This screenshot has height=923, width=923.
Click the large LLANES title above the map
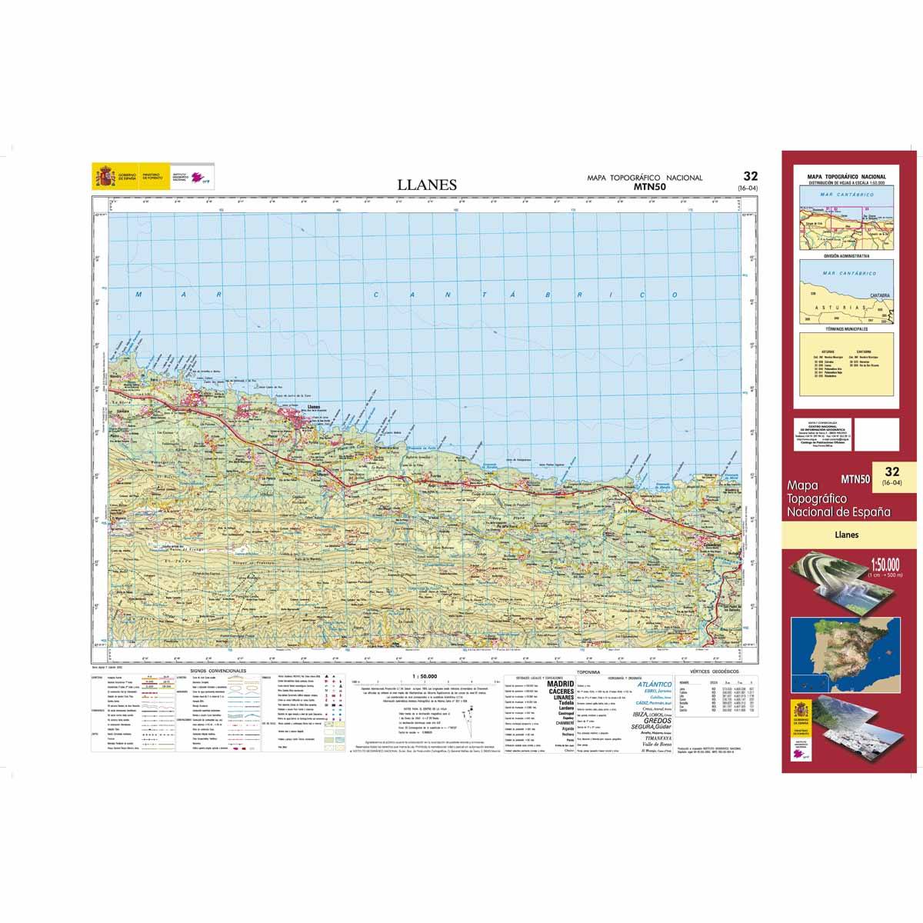[427, 185]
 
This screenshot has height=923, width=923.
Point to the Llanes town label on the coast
[313, 405]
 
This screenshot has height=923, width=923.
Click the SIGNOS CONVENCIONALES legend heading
[223, 671]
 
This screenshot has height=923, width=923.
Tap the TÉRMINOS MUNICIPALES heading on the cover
[846, 329]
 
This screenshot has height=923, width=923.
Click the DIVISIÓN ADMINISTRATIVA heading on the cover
[846, 255]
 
